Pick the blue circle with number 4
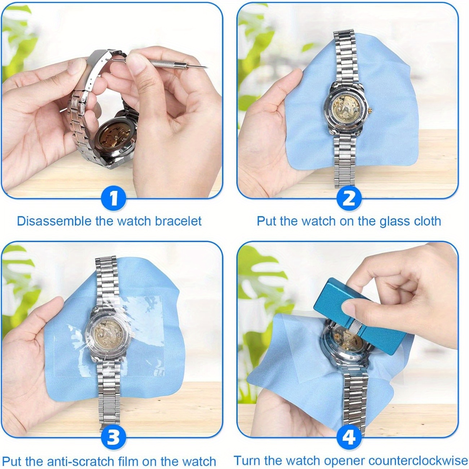click(x=349, y=438)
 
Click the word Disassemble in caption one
click(x=54, y=221)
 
